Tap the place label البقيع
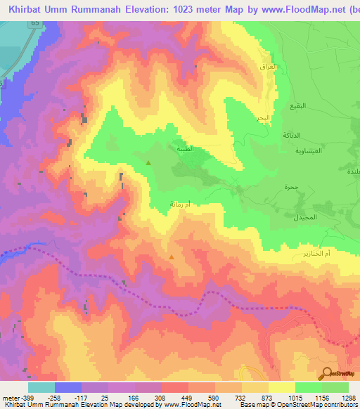pyautogui.click(x=298, y=106)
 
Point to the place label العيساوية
pyautogui.click(x=290, y=150)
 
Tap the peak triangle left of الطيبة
pyautogui.click(x=148, y=163)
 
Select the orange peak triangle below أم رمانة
pyautogui.click(x=172, y=257)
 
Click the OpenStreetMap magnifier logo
pyautogui.click(x=327, y=373)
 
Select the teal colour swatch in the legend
pyautogui.click(x=41, y=387)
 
